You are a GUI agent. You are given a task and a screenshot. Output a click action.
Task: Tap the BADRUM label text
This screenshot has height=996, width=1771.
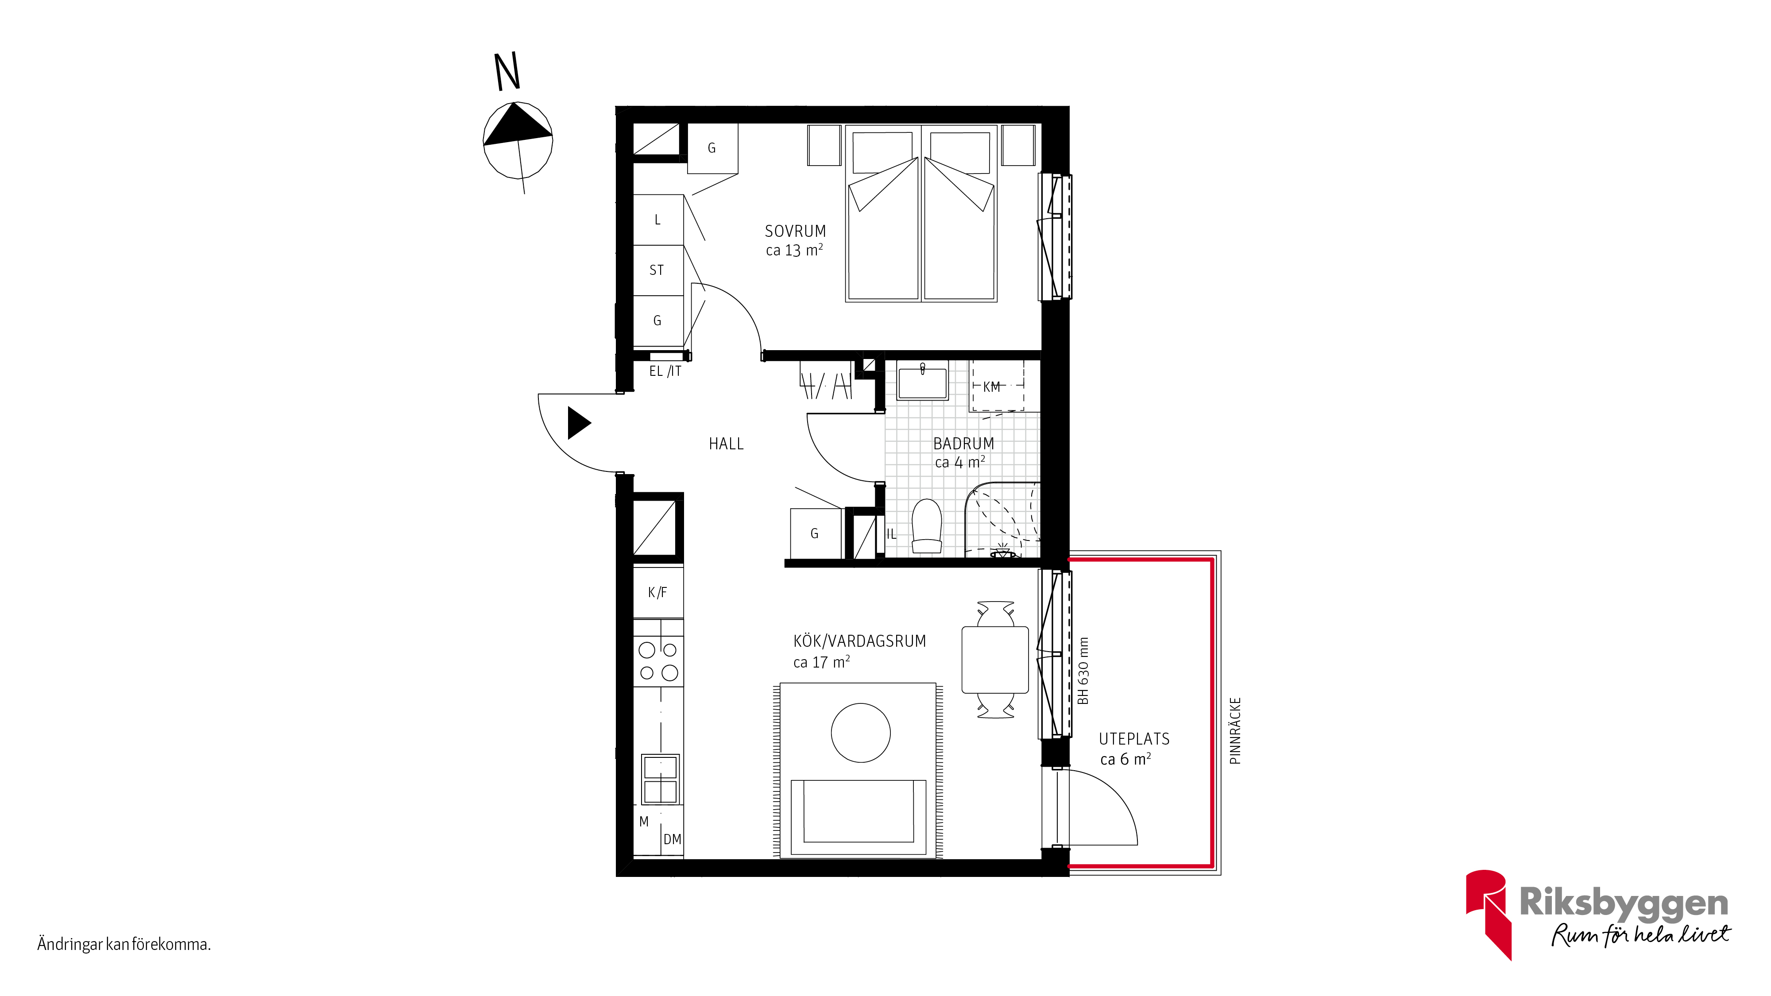[x=963, y=444]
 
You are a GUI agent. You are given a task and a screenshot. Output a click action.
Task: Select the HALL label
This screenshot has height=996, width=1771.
[x=726, y=444]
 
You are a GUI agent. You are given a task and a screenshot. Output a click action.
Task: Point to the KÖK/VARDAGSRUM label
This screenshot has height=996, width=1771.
[x=859, y=641]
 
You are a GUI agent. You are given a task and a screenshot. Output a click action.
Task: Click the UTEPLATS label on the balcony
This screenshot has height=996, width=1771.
[x=1134, y=739]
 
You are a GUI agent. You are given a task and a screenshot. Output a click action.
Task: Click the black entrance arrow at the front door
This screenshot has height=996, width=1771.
[x=579, y=423]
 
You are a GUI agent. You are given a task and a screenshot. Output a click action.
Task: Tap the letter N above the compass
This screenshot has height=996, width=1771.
[x=507, y=72]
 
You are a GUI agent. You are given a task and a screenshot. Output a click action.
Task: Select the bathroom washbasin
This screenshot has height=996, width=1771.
[x=923, y=380]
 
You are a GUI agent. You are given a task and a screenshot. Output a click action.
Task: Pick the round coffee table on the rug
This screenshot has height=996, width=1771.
[x=860, y=733]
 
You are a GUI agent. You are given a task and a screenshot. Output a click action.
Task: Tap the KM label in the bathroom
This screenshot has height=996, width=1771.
[x=991, y=387]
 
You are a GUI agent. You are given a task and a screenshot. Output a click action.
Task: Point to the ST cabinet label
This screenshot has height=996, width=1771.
[x=657, y=270]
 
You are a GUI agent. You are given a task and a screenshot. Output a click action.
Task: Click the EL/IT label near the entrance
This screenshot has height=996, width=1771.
[x=665, y=371]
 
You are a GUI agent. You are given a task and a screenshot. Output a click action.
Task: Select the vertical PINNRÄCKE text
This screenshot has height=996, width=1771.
[x=1235, y=731]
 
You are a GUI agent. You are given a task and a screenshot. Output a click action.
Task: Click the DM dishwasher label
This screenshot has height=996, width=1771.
[x=673, y=839]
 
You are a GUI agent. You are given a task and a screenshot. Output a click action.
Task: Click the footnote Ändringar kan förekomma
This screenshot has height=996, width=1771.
[x=124, y=945]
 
